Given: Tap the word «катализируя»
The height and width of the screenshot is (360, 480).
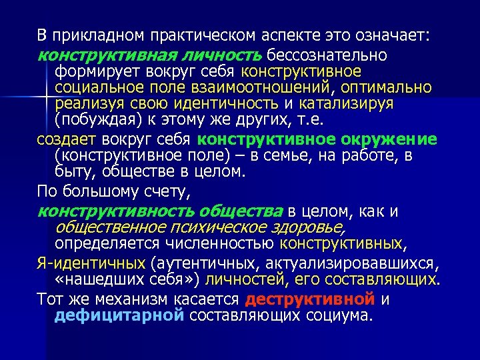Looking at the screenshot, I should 347,104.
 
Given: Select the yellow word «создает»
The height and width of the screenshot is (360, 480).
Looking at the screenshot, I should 67,139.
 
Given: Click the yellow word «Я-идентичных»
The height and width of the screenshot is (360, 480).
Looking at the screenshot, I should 91,262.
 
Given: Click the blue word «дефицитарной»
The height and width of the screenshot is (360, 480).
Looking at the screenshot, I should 119,315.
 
